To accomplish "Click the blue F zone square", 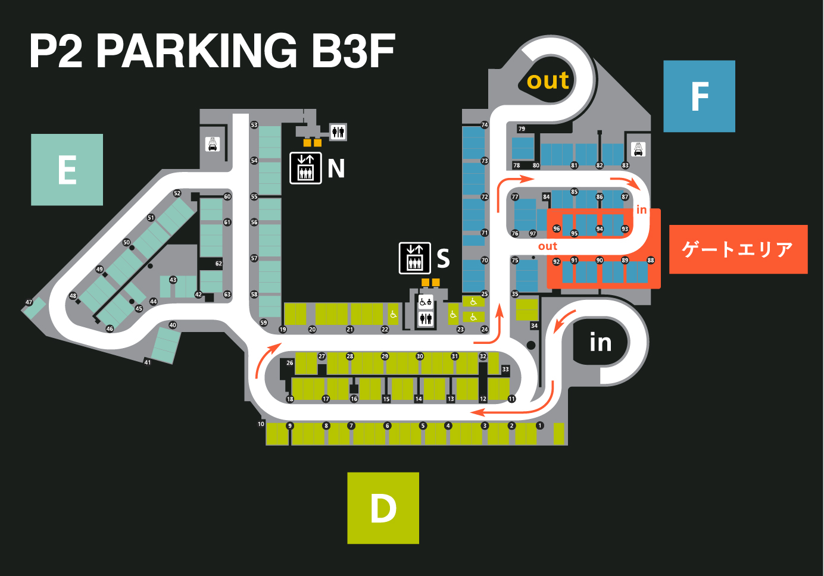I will click(x=699, y=96).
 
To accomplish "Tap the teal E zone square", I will click(x=67, y=170).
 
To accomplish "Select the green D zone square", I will click(x=383, y=508).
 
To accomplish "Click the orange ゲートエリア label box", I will click(x=738, y=249).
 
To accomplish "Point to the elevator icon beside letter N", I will click(x=305, y=168).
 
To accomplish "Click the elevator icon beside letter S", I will click(x=414, y=258).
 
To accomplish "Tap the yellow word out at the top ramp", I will click(x=548, y=80).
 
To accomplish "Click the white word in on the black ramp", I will click(x=600, y=343).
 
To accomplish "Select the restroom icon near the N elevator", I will click(x=338, y=132).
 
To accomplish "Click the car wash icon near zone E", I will click(x=213, y=144).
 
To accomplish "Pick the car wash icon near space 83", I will click(x=638, y=149).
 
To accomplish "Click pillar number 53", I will click(x=254, y=125).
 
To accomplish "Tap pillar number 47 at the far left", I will click(x=29, y=302).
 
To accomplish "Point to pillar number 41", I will click(x=148, y=362).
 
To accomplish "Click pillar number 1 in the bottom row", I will click(x=540, y=425).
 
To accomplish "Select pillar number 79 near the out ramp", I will click(x=522, y=129).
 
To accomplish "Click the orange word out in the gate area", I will click(x=547, y=246).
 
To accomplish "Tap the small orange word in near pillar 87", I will click(x=641, y=209).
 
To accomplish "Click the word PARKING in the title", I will click(x=196, y=51).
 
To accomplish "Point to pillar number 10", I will click(x=261, y=424).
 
